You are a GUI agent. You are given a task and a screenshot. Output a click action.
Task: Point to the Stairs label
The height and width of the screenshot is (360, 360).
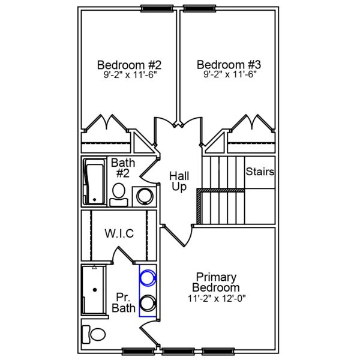pyautogui.click(x=260, y=172)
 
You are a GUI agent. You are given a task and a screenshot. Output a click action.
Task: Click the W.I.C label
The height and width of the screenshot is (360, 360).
pyautogui.click(x=119, y=233)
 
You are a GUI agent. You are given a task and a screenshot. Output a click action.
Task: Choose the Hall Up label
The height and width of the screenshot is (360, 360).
pyautogui.click(x=179, y=181)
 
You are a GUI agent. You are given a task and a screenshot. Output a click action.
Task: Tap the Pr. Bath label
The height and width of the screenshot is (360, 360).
pyautogui.click(x=124, y=302)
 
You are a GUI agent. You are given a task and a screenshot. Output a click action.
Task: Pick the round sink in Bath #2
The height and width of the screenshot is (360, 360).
pyautogui.click(x=144, y=196)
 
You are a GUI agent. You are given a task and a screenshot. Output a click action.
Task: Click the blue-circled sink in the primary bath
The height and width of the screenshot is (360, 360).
pyautogui.click(x=148, y=278)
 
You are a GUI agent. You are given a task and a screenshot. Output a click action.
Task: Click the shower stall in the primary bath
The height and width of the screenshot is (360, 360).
pyautogui.click(x=94, y=290)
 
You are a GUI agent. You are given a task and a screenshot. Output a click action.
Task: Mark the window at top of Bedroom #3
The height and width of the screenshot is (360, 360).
pyautogui.click(x=200, y=8)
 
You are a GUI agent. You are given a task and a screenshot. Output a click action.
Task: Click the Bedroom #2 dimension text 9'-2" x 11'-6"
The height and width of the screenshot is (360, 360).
pyautogui.click(x=129, y=76)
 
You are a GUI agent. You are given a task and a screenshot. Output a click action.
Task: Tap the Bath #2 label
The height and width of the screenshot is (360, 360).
pyautogui.click(x=123, y=169)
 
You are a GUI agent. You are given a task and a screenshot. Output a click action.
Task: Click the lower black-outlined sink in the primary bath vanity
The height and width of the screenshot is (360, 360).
pyautogui.click(x=148, y=303)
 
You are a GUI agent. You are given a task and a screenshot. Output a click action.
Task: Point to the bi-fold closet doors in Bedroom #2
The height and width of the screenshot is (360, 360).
pyautogui.click(x=106, y=125)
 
